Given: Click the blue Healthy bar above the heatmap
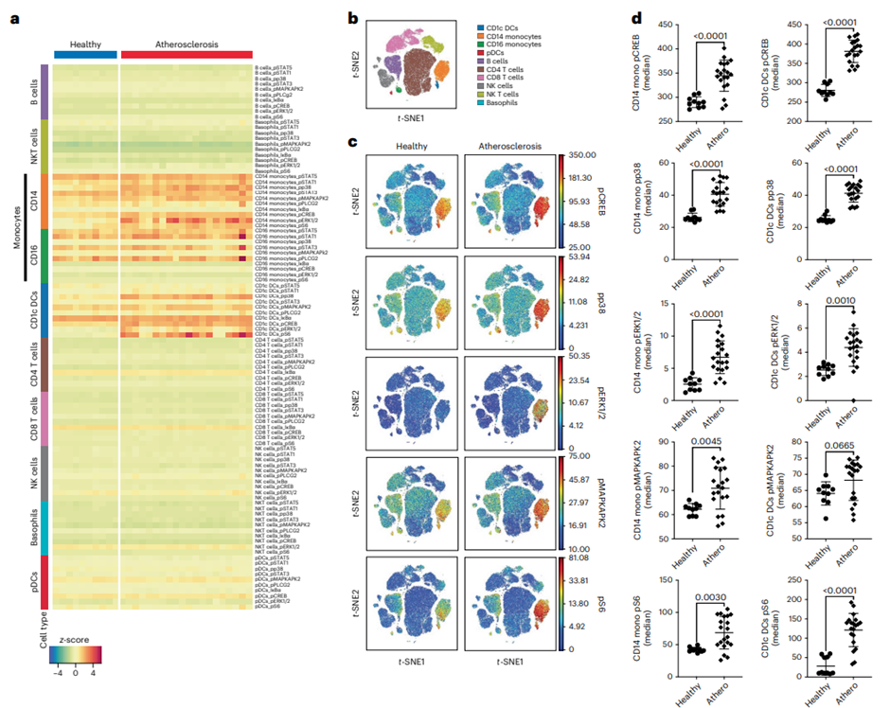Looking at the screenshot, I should pos(85,56).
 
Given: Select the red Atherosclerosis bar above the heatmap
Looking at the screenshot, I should pos(187,56).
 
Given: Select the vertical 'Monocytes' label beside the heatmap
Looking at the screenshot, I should pos(16,226).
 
